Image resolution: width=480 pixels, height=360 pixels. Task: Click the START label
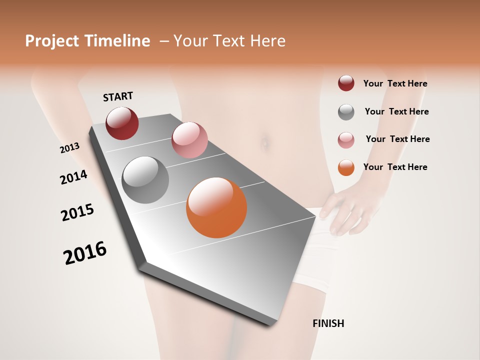click(x=118, y=96)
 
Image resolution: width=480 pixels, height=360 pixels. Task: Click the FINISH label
click(x=328, y=323)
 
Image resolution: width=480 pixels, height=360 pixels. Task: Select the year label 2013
click(x=69, y=148)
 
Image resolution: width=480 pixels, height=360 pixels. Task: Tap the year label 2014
click(x=73, y=177)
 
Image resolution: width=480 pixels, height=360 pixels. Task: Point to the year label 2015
click(x=77, y=212)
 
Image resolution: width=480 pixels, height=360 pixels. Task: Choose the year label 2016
click(x=85, y=252)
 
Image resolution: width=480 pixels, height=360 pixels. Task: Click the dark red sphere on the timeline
click(x=122, y=123)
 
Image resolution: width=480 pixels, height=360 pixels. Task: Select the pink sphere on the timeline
click(x=189, y=139)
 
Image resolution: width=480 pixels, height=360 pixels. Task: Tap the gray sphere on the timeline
click(x=145, y=180)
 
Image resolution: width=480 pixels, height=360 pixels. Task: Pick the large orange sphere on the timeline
click(x=216, y=207)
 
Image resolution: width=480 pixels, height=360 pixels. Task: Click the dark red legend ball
click(x=346, y=83)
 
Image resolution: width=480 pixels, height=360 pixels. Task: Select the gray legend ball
click(x=346, y=112)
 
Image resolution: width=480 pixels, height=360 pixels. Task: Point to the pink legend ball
click(x=346, y=140)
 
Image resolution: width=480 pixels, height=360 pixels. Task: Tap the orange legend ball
click(x=346, y=167)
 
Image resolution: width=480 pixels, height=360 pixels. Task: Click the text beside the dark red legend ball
click(x=395, y=83)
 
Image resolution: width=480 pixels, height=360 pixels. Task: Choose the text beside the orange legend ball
click(x=395, y=167)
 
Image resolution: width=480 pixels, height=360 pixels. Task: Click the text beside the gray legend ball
click(x=396, y=111)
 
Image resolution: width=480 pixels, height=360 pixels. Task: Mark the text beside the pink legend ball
click(x=397, y=139)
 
